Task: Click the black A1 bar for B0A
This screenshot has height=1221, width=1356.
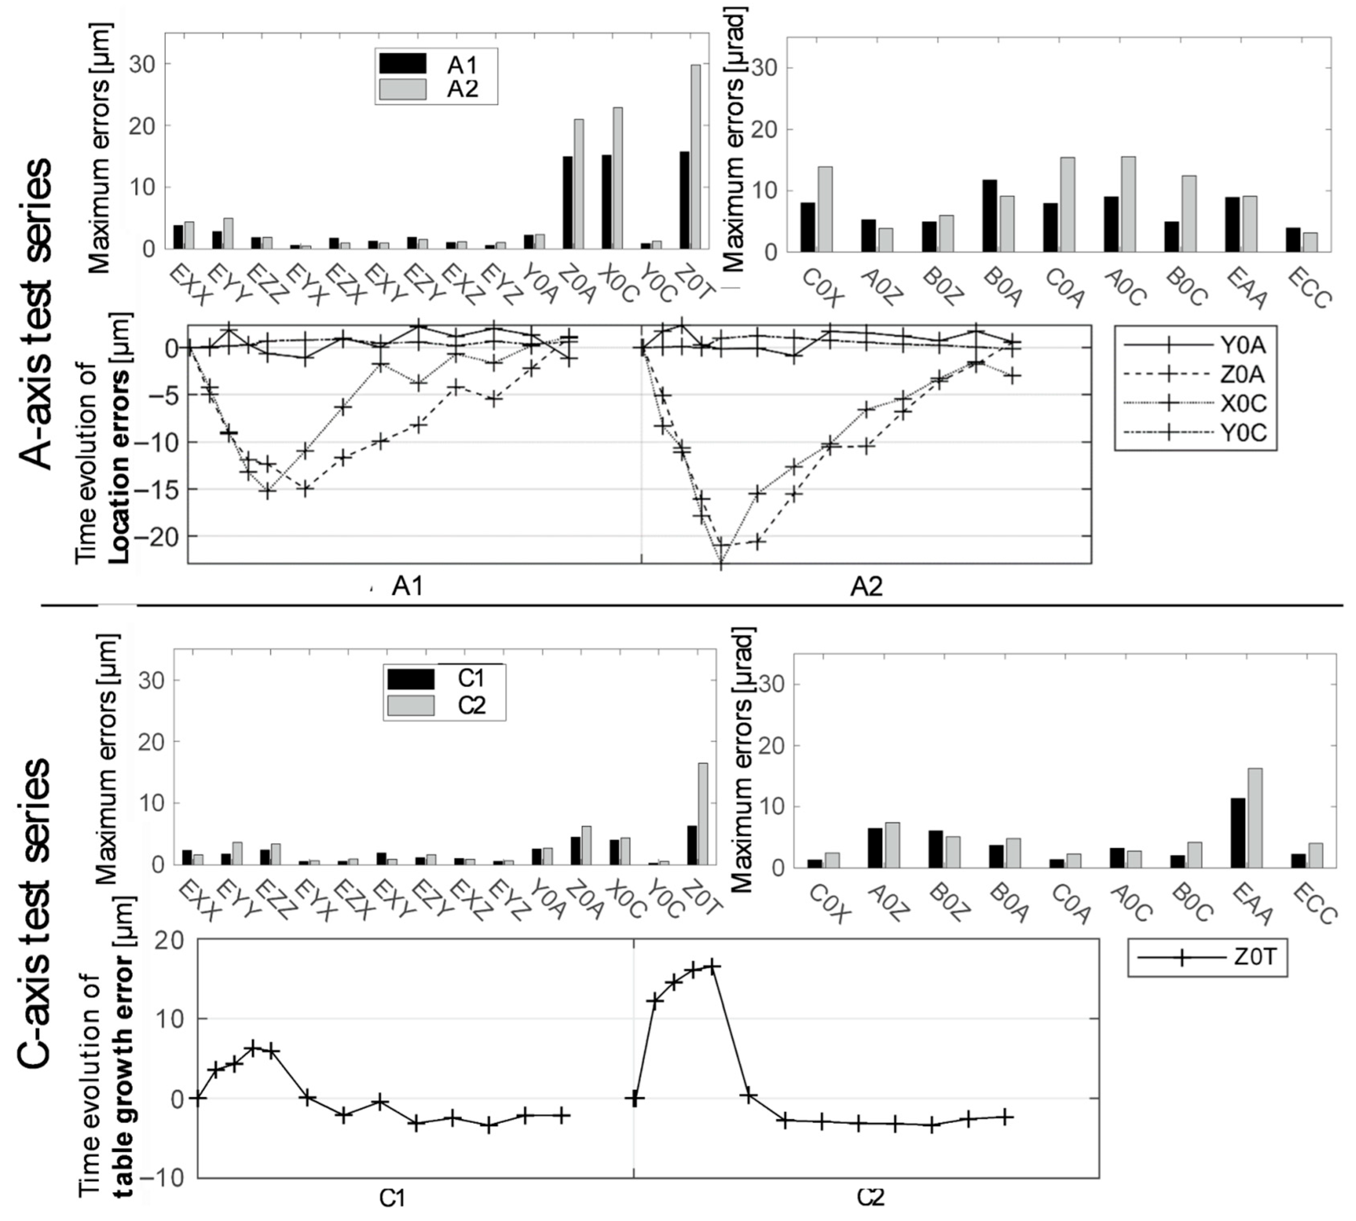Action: point(989,215)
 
